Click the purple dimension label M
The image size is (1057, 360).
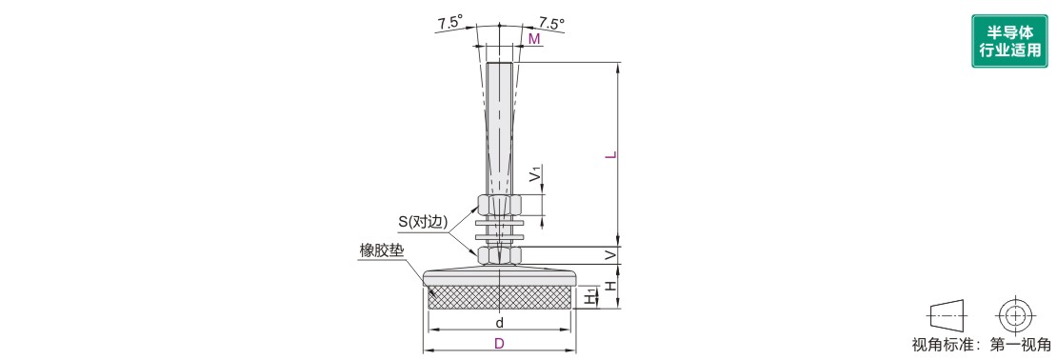coord(534,39)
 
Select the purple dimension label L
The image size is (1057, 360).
coord(610,156)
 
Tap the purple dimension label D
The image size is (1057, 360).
coord(499,343)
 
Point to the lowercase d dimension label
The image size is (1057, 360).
coord(500,322)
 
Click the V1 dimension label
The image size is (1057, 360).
coord(534,175)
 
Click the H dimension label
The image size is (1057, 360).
coord(610,285)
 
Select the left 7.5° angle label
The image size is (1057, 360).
coord(449,23)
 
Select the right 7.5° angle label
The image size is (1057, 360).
coord(551,23)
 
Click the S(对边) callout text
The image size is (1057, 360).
coord(422,220)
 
